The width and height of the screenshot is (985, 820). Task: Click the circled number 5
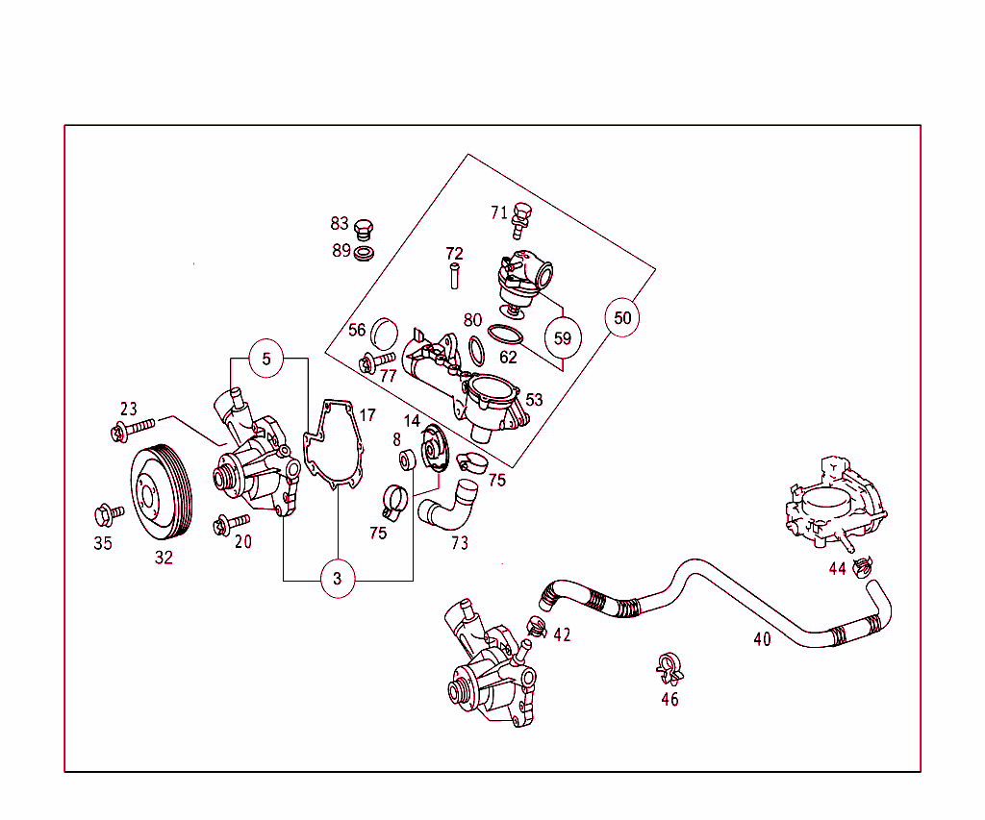pos(267,360)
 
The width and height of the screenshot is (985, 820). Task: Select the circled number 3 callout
pos(338,579)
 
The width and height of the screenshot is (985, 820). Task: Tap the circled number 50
pos(622,317)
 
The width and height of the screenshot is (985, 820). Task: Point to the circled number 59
pos(563,337)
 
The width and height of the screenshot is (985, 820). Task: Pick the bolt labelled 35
pos(108,513)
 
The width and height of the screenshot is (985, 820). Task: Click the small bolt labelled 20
pos(226,524)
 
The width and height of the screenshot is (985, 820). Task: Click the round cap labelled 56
pos(385,334)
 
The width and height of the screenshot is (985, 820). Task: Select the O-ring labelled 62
pos(505,336)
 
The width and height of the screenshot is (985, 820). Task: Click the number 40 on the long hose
pos(762,639)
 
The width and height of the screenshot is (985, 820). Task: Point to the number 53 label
pos(534,400)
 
